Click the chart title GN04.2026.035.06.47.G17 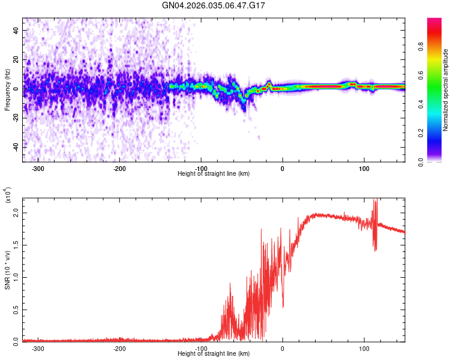pyautogui.click(x=214, y=5)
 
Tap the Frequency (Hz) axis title pyautogui.click(x=7, y=90)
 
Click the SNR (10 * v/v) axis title pyautogui.click(x=7, y=269)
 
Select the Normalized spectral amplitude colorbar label pyautogui.click(x=446, y=90)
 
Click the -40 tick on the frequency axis pyautogui.click(x=15, y=147)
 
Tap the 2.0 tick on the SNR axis pyautogui.click(x=16, y=214)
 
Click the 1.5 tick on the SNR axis pyautogui.click(x=16, y=245)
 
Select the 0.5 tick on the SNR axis pyautogui.click(x=16, y=309)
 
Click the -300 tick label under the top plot pyautogui.click(x=38, y=169)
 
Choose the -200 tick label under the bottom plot pyautogui.click(x=119, y=349)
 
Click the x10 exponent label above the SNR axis pyautogui.click(x=7, y=195)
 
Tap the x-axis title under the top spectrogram pyautogui.click(x=214, y=174)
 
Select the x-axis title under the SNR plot pyautogui.click(x=214, y=353)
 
